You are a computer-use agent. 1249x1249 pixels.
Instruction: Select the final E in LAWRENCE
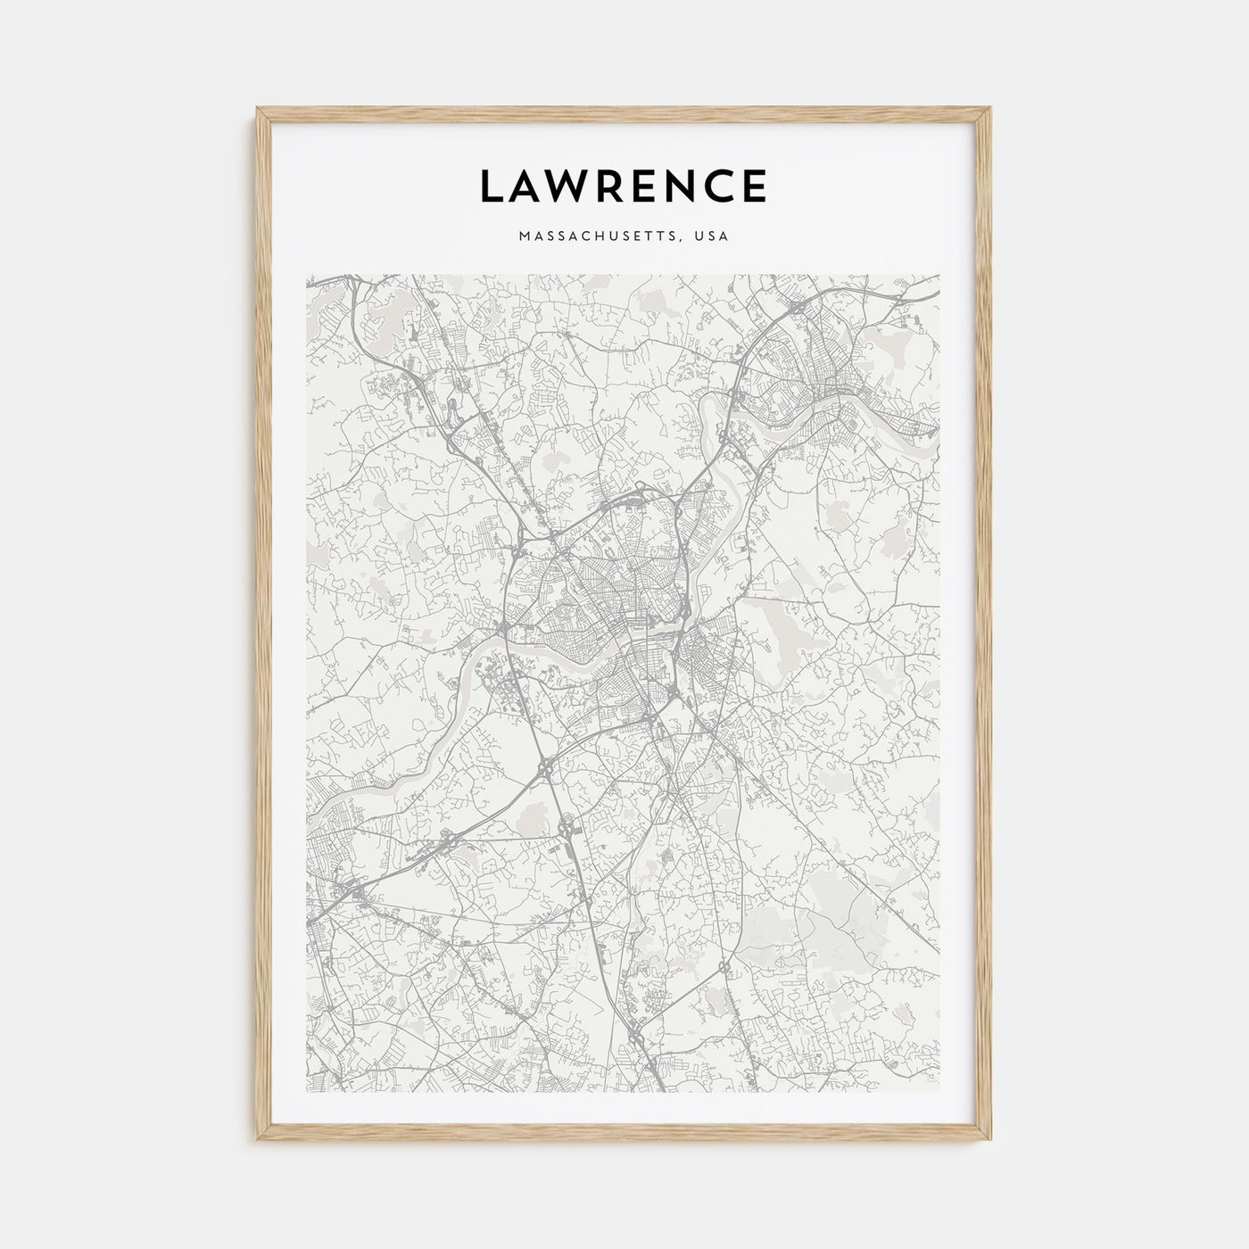pos(754,186)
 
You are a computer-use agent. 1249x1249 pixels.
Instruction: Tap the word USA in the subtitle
pos(714,237)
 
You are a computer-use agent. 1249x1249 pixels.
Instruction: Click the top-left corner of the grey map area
pos(307,275)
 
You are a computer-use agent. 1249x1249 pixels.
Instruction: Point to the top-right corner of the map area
pos(940,275)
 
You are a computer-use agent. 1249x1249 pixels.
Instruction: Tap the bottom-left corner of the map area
pos(307,1092)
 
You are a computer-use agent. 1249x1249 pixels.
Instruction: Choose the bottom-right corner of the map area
pos(940,1092)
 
